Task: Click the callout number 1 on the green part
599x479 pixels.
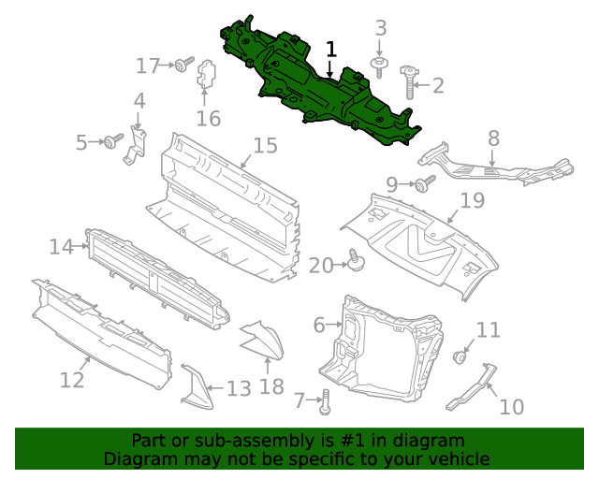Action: pyautogui.click(x=330, y=49)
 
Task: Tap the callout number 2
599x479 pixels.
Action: pyautogui.click(x=437, y=86)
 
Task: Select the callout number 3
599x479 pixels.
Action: pyautogui.click(x=380, y=28)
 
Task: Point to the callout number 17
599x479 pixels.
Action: pyautogui.click(x=148, y=65)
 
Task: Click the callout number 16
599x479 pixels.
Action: pyautogui.click(x=208, y=118)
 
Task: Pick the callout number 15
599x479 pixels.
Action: pyautogui.click(x=265, y=146)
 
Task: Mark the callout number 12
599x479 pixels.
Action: pyautogui.click(x=72, y=380)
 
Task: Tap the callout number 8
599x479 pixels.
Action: pyautogui.click(x=493, y=139)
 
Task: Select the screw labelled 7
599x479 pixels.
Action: pyautogui.click(x=325, y=403)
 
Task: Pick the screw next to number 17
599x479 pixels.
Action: pyautogui.click(x=183, y=65)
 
